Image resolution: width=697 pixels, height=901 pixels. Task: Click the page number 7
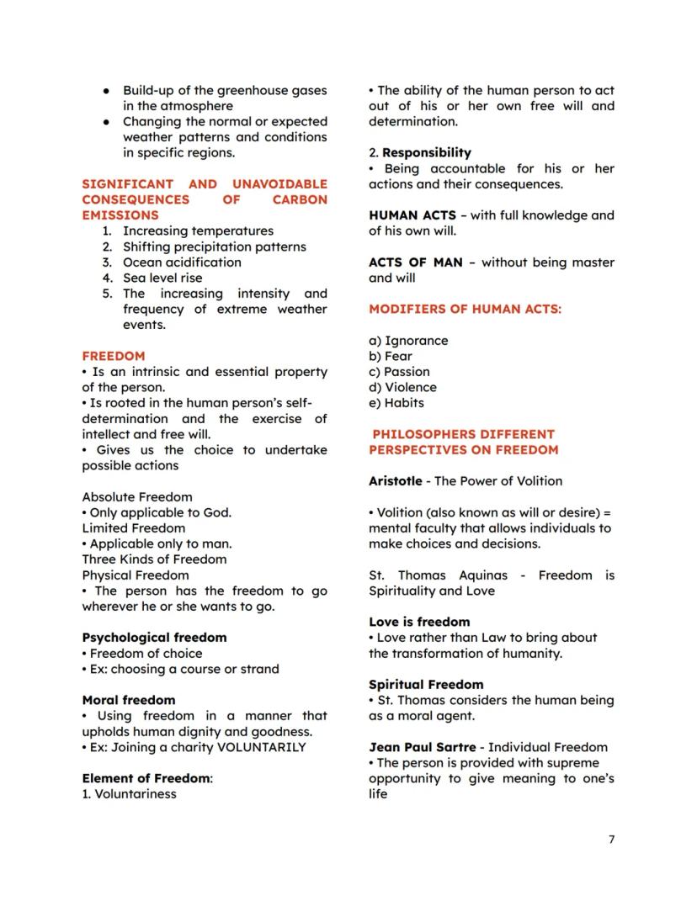coord(611,840)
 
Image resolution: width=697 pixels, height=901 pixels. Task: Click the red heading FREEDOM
coord(114,356)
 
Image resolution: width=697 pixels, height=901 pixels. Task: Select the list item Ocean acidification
coord(182,262)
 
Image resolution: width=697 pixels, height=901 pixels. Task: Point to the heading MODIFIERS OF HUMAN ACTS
coord(465,309)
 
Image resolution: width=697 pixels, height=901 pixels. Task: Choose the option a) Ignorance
coord(408,341)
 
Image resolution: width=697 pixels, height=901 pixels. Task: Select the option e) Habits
coord(396,403)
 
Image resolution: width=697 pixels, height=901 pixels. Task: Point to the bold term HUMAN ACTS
coord(412,215)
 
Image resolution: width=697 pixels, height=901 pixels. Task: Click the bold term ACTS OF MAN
coord(415,262)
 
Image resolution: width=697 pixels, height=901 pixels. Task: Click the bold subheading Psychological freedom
coord(154,638)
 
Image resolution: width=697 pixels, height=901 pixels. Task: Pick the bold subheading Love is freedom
coord(419,622)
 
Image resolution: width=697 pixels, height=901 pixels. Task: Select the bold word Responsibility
coord(426,153)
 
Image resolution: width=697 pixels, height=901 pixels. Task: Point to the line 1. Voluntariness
coord(129,793)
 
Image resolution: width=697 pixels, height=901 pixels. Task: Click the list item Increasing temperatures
coord(198,231)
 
